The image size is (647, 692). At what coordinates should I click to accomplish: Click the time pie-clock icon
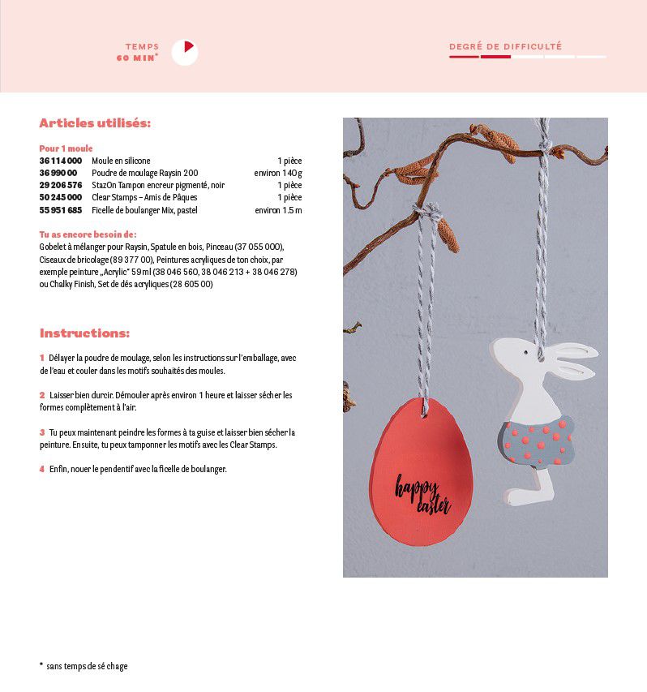185,52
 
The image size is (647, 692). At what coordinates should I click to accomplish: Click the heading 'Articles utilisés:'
95,123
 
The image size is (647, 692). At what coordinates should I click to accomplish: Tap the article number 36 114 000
61,161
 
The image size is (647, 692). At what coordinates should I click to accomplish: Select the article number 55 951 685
61,210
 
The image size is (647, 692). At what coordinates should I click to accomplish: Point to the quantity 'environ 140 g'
277,173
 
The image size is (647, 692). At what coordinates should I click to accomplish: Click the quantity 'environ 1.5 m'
278,210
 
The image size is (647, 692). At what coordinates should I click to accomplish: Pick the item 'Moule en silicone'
121,161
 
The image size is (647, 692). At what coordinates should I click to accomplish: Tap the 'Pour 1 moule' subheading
66,148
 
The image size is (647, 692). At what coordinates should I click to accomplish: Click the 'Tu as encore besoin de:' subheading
88,234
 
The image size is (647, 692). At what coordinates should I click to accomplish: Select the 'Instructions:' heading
84,333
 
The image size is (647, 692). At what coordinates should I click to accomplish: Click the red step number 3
41,432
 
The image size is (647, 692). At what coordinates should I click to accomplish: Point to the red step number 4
41,469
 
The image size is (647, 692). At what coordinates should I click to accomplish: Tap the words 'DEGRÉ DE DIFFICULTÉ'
505,47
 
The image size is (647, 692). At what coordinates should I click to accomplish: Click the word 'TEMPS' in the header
142,47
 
